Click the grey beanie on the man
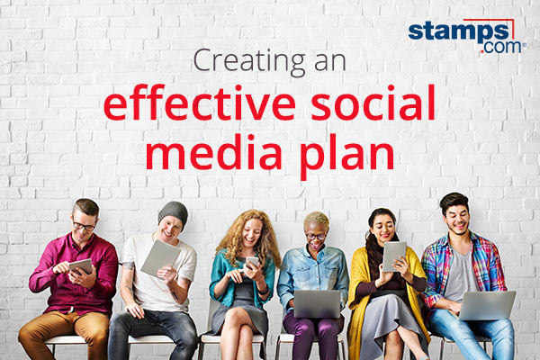click(173, 212)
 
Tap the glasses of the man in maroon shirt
click(85, 225)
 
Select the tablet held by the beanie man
click(159, 258)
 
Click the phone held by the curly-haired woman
click(253, 263)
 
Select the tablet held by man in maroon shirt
click(80, 266)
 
